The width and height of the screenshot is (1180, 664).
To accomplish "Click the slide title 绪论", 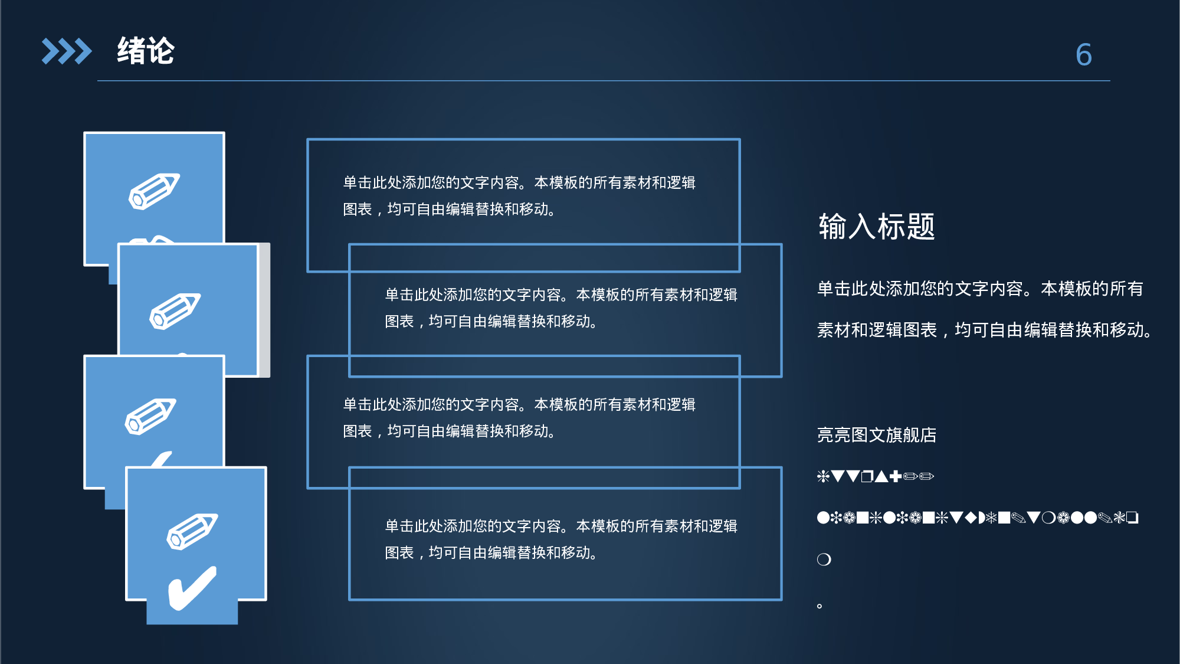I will [x=146, y=51].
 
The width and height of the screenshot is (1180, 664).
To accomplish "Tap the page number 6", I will [x=1083, y=55].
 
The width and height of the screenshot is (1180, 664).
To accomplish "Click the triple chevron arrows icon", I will [x=67, y=51].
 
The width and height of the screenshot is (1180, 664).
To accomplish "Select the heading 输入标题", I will [x=876, y=227].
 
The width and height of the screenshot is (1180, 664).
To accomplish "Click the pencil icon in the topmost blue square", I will [x=154, y=191].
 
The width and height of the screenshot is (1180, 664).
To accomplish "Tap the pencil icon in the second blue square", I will [x=175, y=310].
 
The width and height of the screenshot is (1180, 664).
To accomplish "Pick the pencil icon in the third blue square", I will [x=150, y=416].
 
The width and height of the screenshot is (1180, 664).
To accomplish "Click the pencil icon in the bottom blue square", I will [x=192, y=531].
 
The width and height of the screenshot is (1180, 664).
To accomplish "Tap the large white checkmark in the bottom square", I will [x=192, y=588].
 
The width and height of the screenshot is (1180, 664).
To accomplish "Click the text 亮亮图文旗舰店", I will [x=876, y=435].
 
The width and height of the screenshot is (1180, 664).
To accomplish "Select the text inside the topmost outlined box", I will [x=519, y=196].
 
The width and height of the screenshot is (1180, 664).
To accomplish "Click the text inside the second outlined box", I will [x=560, y=308].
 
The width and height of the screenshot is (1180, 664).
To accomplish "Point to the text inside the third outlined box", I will [x=519, y=418].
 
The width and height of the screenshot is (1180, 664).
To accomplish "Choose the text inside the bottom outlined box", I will [x=560, y=539].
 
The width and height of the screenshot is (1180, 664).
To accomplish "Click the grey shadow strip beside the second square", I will [x=264, y=310].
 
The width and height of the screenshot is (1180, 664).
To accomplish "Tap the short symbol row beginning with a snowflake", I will [x=875, y=476].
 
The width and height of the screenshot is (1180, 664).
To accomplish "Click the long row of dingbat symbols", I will [x=977, y=518].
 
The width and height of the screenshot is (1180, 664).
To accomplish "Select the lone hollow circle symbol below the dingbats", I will [x=824, y=560].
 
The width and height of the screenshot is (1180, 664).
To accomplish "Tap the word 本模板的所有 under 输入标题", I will [x=1091, y=289].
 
